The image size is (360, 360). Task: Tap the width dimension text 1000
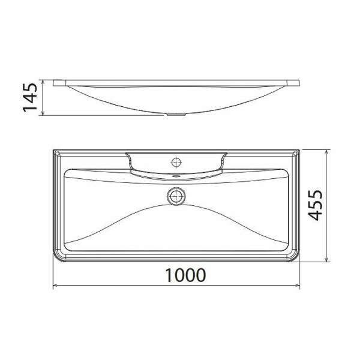pos(185,275)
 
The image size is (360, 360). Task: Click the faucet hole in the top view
pos(176,161)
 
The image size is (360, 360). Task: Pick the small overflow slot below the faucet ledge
pos(176,176)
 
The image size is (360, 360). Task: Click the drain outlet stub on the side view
pos(176,114)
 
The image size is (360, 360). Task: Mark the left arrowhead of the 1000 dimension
pos(56,286)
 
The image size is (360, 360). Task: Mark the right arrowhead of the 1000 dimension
pos(298,286)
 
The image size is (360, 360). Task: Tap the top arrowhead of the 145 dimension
pos(42,81)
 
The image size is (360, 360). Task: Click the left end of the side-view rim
pos(55,82)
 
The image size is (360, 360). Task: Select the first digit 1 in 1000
pos(169,275)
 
